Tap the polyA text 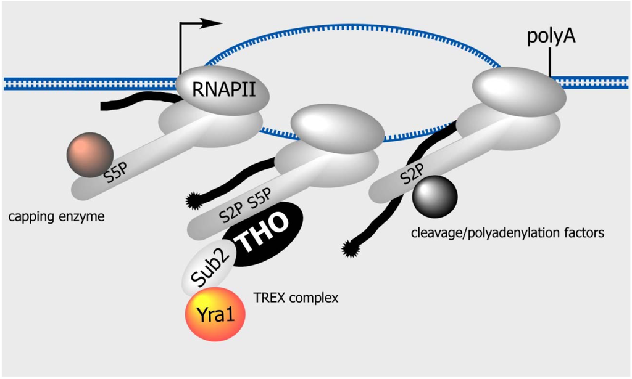(552, 37)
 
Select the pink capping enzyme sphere (90, 153)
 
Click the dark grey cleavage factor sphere (435, 196)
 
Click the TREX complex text (296, 298)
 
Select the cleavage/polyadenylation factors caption (507, 233)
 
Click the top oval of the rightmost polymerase (518, 91)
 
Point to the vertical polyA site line (549, 63)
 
